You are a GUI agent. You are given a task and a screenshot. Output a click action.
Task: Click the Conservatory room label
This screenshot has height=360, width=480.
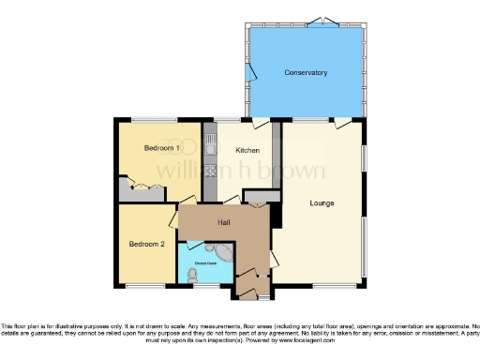pos(306,72)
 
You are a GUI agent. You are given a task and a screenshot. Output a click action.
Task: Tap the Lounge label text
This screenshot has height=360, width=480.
pos(322,202)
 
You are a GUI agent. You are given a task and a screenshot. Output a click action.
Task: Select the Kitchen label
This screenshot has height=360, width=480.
pos(247,150)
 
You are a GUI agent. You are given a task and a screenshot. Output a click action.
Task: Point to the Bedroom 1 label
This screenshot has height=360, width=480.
pos(161,149)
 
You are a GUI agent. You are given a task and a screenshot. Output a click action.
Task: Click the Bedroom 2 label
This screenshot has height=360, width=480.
pos(146,244)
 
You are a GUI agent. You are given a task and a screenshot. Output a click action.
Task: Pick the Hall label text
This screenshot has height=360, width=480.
pos(224,222)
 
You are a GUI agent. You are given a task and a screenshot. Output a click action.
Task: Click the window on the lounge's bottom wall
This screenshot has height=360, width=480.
pos(334,286)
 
